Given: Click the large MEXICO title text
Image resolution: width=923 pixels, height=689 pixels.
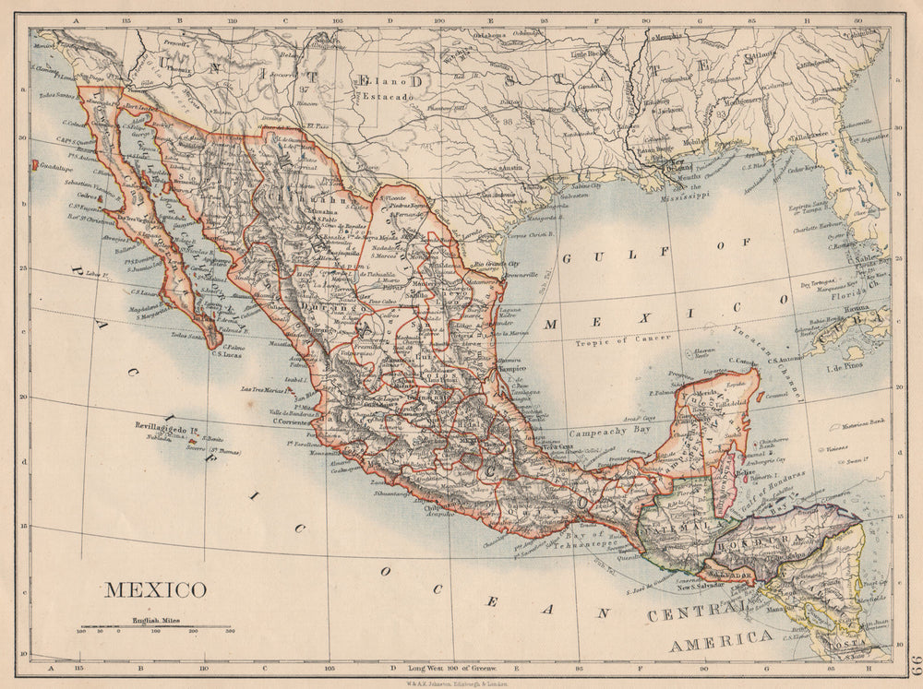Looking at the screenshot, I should pyautogui.click(x=155, y=589).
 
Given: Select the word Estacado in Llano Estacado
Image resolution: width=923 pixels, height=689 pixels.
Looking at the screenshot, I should pyautogui.click(x=391, y=96).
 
